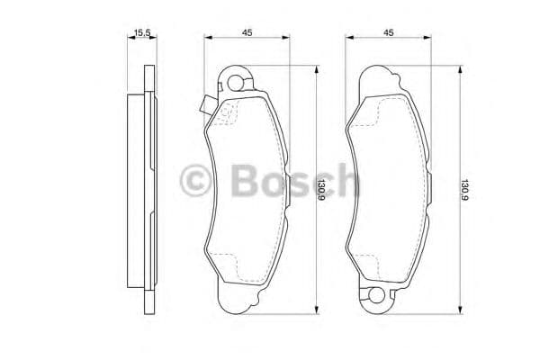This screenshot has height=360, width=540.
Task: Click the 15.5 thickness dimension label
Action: (x=140, y=32)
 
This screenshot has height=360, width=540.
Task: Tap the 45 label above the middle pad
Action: (x=246, y=32)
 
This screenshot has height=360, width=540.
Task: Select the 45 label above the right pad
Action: (x=388, y=32)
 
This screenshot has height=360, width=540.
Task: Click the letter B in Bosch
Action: (x=244, y=183)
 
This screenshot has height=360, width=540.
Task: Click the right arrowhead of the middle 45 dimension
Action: (x=287, y=38)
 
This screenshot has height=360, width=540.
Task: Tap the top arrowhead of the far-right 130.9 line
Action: (x=461, y=69)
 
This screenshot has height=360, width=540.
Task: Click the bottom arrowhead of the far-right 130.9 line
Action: (x=461, y=312)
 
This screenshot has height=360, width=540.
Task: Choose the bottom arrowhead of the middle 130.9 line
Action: (x=316, y=312)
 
